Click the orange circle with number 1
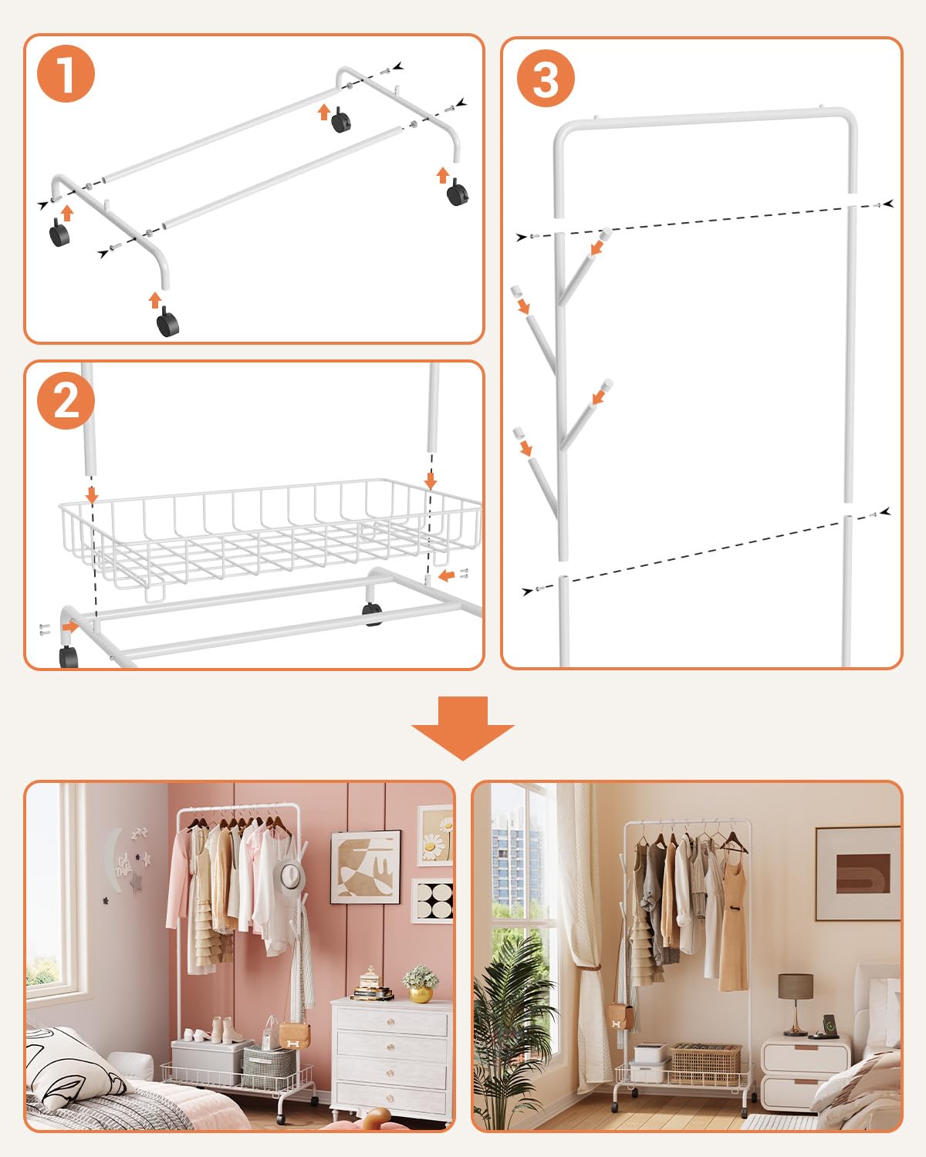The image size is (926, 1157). (x=66, y=74)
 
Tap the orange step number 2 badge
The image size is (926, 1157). (x=66, y=400)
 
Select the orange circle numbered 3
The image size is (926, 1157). (x=546, y=79)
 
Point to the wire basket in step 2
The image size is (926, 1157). (x=270, y=532)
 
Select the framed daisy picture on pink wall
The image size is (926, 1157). (x=435, y=836)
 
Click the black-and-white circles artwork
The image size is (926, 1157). (x=433, y=900)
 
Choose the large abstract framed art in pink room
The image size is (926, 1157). (x=366, y=867)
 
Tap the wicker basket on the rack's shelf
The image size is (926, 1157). (x=705, y=1064)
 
